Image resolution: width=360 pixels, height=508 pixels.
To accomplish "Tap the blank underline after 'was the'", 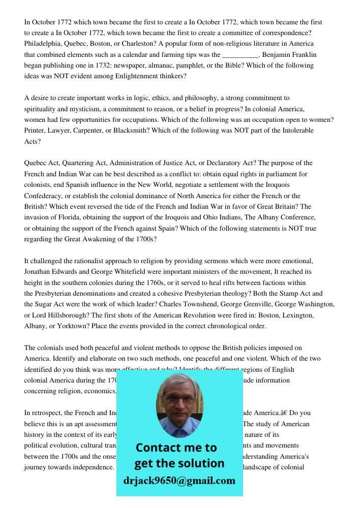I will pos(241,55).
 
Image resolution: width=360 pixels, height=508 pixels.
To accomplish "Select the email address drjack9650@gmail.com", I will pos(179,481).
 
